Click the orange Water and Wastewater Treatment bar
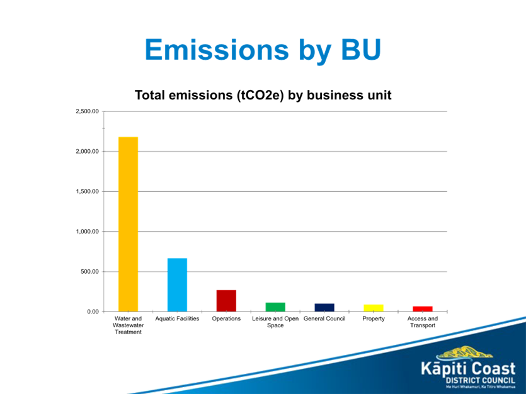pos(128,223)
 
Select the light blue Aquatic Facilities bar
pos(177,284)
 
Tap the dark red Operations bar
pos(226,300)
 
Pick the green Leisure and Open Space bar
pos(275,307)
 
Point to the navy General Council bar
pos(324,307)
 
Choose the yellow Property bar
pos(374,308)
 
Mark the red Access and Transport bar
pos(423,308)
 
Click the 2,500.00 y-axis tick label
pos(88,111)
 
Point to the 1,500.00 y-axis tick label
pos(88,191)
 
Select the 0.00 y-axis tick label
pos(92,312)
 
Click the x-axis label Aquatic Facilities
pos(177,319)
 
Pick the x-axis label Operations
pos(226,319)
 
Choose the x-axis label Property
pos(374,319)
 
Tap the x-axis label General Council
pos(324,319)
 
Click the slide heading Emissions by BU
pos(263,50)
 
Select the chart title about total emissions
pos(263,96)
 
